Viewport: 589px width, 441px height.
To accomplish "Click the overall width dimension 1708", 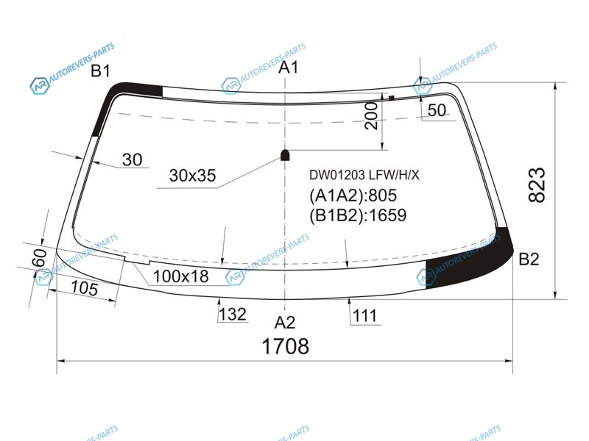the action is (x=285, y=345).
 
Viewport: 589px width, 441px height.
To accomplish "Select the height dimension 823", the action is (x=537, y=185).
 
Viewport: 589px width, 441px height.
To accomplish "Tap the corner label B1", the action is (x=100, y=71).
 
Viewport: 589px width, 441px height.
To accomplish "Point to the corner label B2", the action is (x=529, y=259).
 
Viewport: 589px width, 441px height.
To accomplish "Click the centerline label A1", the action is (x=288, y=67).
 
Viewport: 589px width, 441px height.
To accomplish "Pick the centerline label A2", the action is (x=285, y=323).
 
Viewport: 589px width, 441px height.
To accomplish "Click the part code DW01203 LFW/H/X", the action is (x=364, y=175).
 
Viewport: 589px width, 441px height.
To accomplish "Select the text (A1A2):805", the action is (x=353, y=196).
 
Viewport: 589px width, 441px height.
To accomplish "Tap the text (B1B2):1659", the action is (x=358, y=215).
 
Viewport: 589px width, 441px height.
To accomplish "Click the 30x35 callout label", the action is (x=192, y=175).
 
